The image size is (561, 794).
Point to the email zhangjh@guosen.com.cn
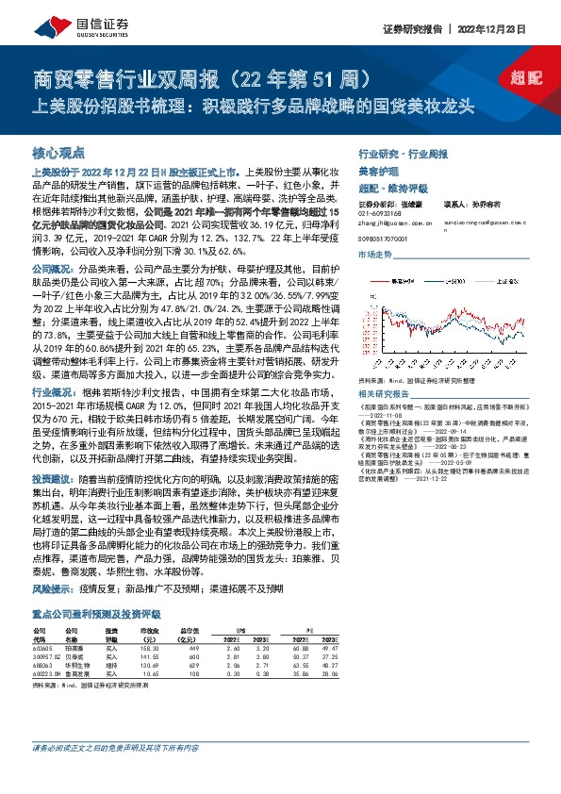pos(395,223)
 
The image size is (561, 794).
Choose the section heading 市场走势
pos(375,255)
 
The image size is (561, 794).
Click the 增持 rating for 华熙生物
pos(111,664)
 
